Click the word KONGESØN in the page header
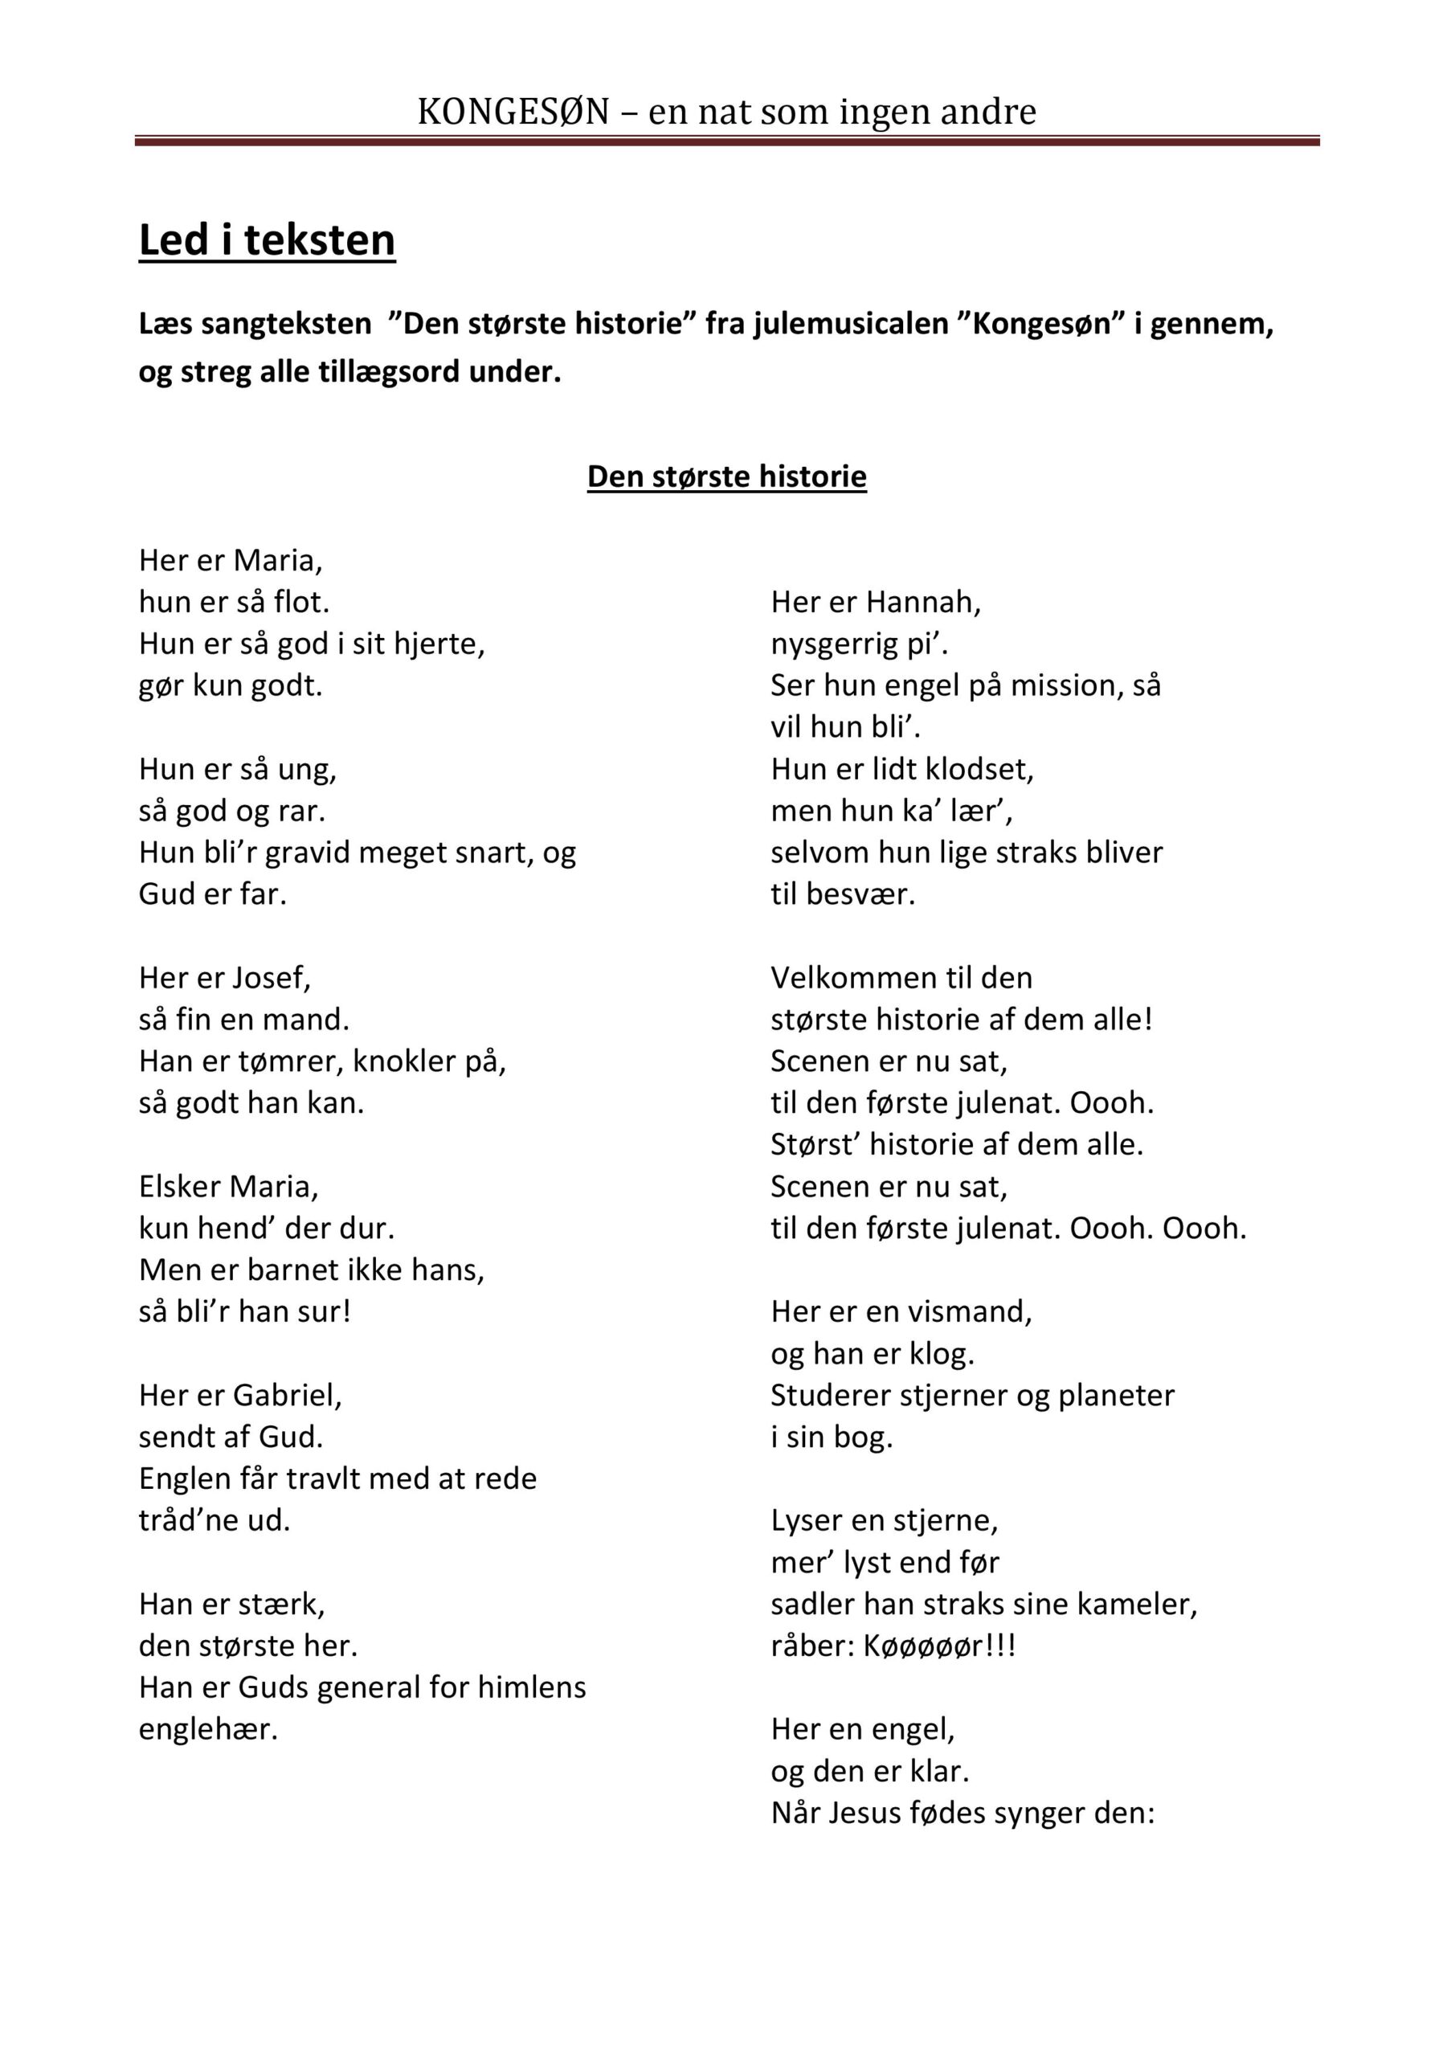tap(513, 112)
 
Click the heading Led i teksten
tap(267, 240)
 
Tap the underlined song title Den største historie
tap(726, 476)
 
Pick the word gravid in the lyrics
tap(313, 852)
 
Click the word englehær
tap(208, 1729)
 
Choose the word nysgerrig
tap(837, 644)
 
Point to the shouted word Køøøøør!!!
tap(939, 1646)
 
